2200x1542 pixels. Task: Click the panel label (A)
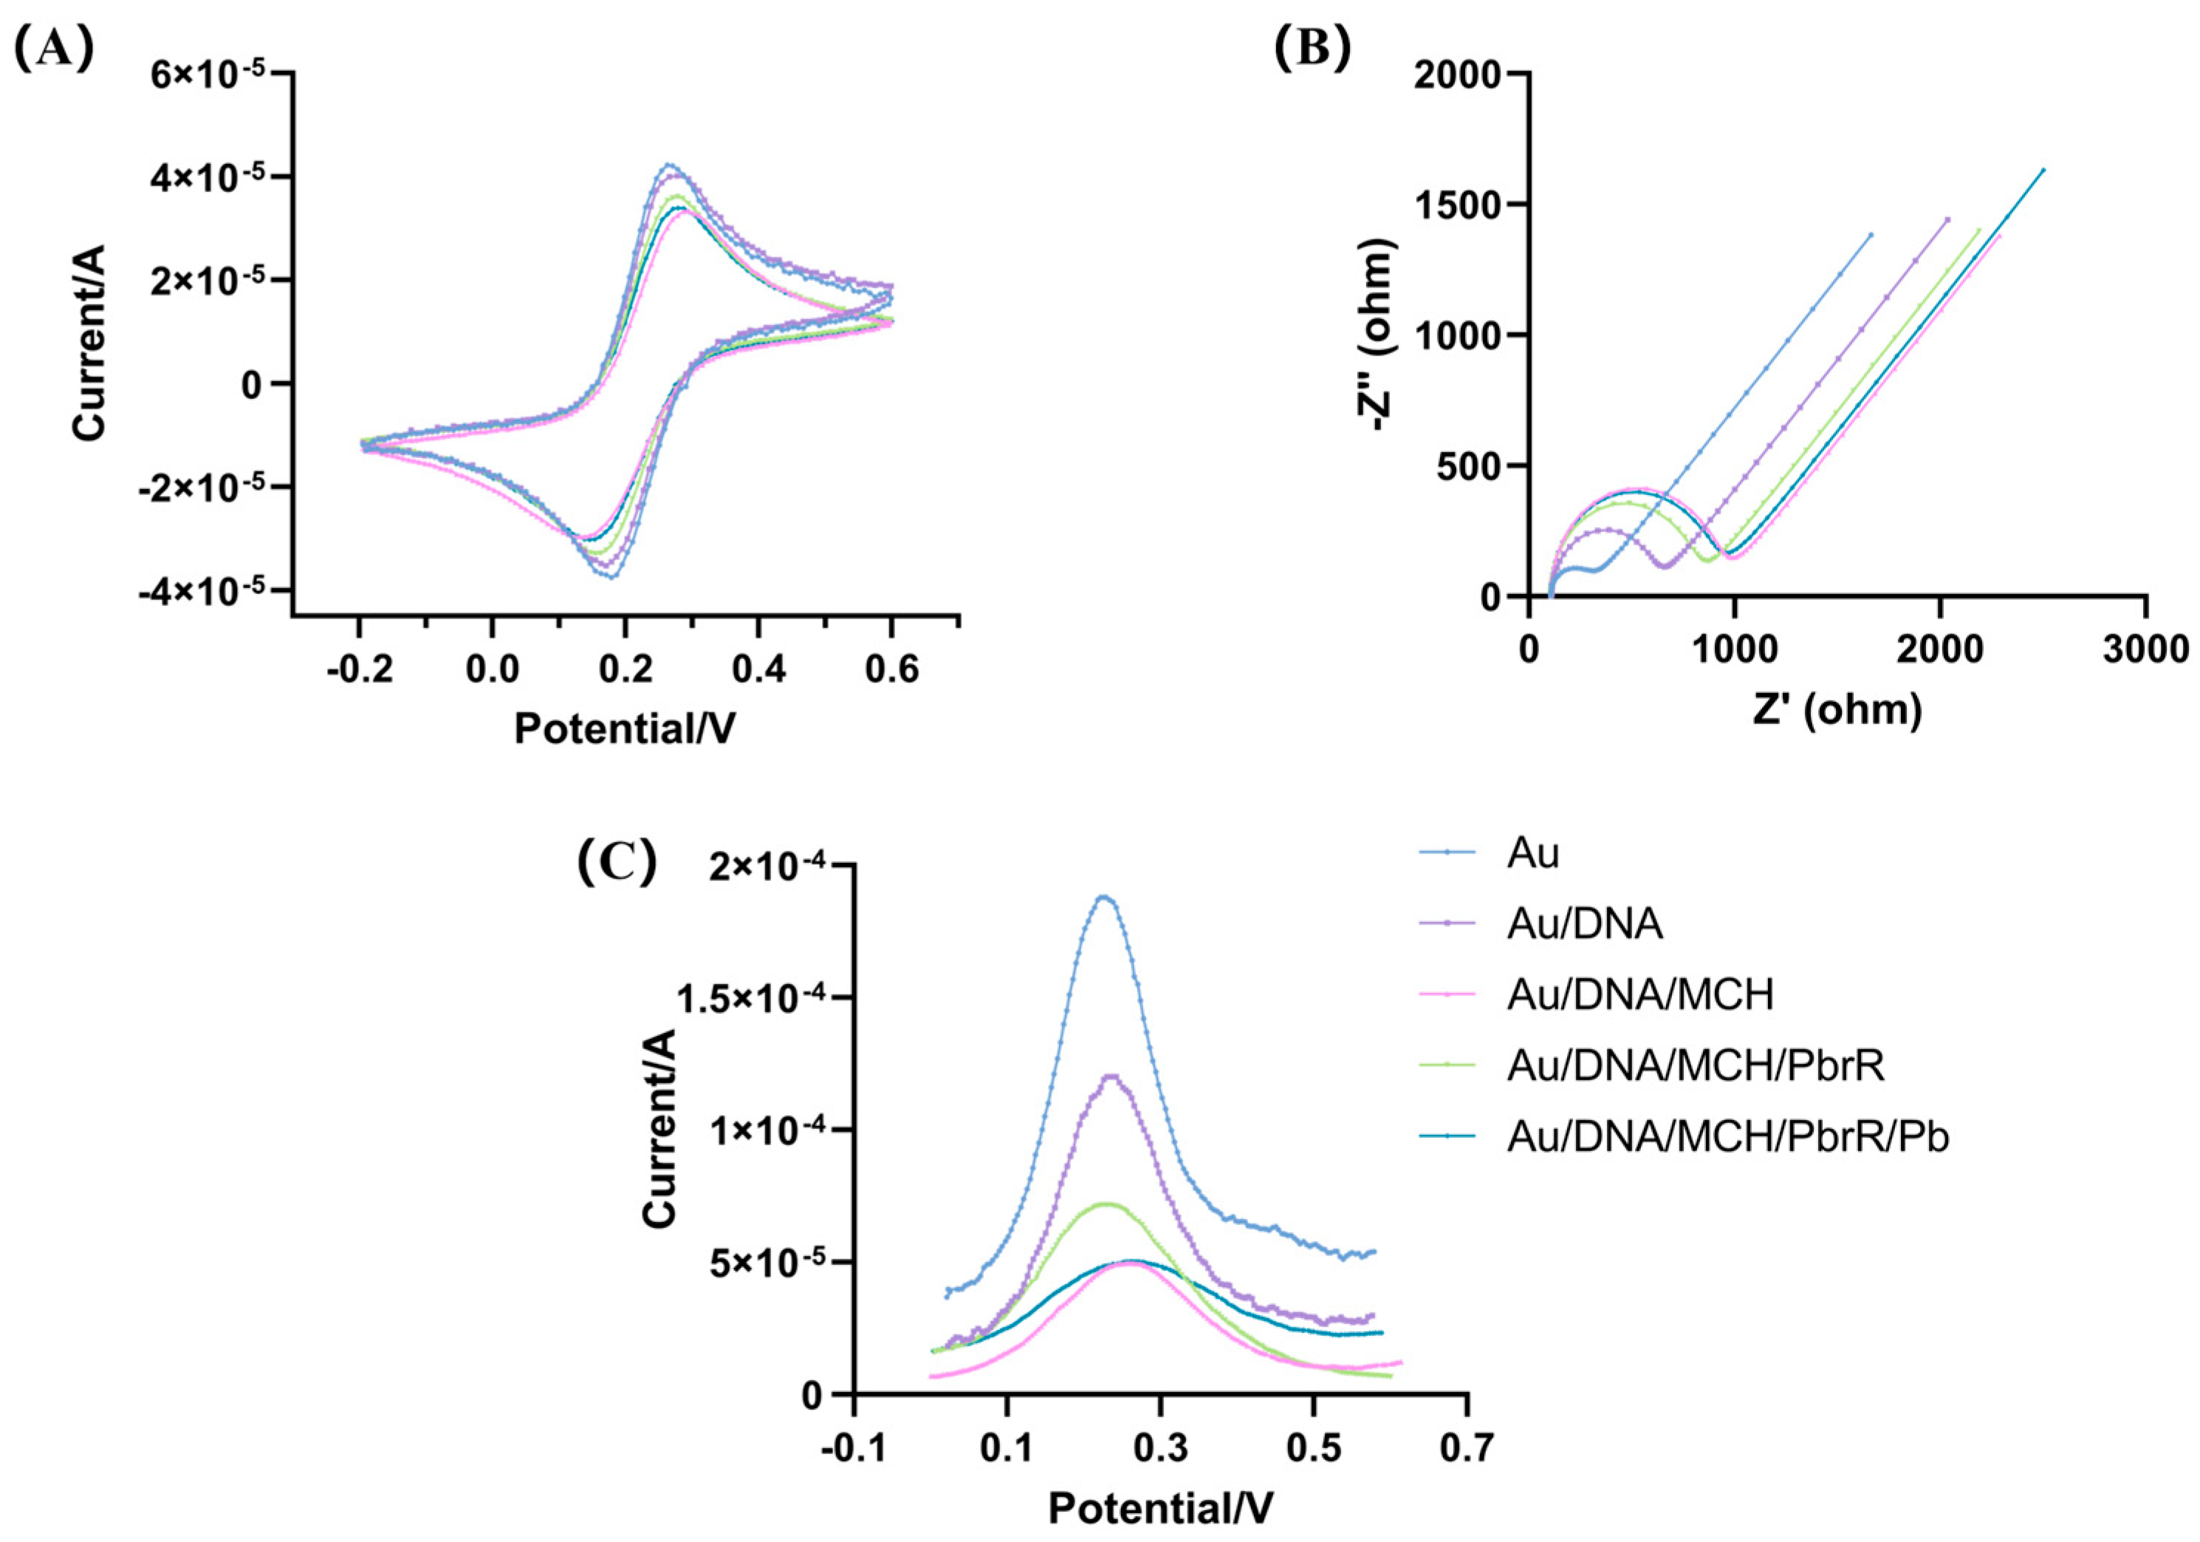(x=54, y=49)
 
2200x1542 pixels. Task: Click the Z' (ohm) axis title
(x=1837, y=710)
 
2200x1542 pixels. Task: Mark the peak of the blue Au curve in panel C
(x=1105, y=897)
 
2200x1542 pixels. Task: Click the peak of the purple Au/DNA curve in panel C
(x=1111, y=1075)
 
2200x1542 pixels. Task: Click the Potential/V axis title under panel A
(x=625, y=729)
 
